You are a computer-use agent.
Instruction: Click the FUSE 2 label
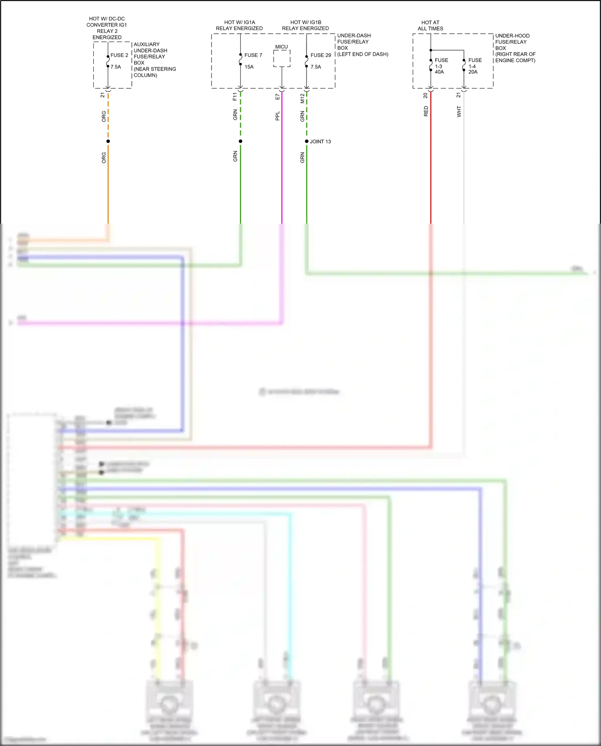point(119,55)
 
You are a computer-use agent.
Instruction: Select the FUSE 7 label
point(253,55)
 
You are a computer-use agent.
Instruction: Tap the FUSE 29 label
point(321,55)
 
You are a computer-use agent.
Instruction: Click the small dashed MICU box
point(282,59)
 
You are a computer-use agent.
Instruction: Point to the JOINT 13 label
point(320,142)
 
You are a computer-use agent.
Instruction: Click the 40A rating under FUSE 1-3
point(439,72)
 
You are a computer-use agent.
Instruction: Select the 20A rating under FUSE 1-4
point(473,72)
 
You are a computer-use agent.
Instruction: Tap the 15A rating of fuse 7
point(249,67)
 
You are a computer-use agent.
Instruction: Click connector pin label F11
point(235,97)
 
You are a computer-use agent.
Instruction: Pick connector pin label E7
point(277,97)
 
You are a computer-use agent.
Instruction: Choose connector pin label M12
point(302,98)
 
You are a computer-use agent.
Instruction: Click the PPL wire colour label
point(277,116)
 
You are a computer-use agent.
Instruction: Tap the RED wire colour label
point(426,111)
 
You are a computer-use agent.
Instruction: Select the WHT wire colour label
point(459,111)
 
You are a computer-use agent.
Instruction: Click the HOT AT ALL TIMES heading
point(430,26)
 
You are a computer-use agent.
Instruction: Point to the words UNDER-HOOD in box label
point(512,36)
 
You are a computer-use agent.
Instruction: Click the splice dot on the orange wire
point(108,141)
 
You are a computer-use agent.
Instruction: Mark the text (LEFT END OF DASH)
point(363,54)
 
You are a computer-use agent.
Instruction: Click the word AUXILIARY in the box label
point(146,44)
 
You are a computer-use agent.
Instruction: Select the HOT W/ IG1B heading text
point(306,22)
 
